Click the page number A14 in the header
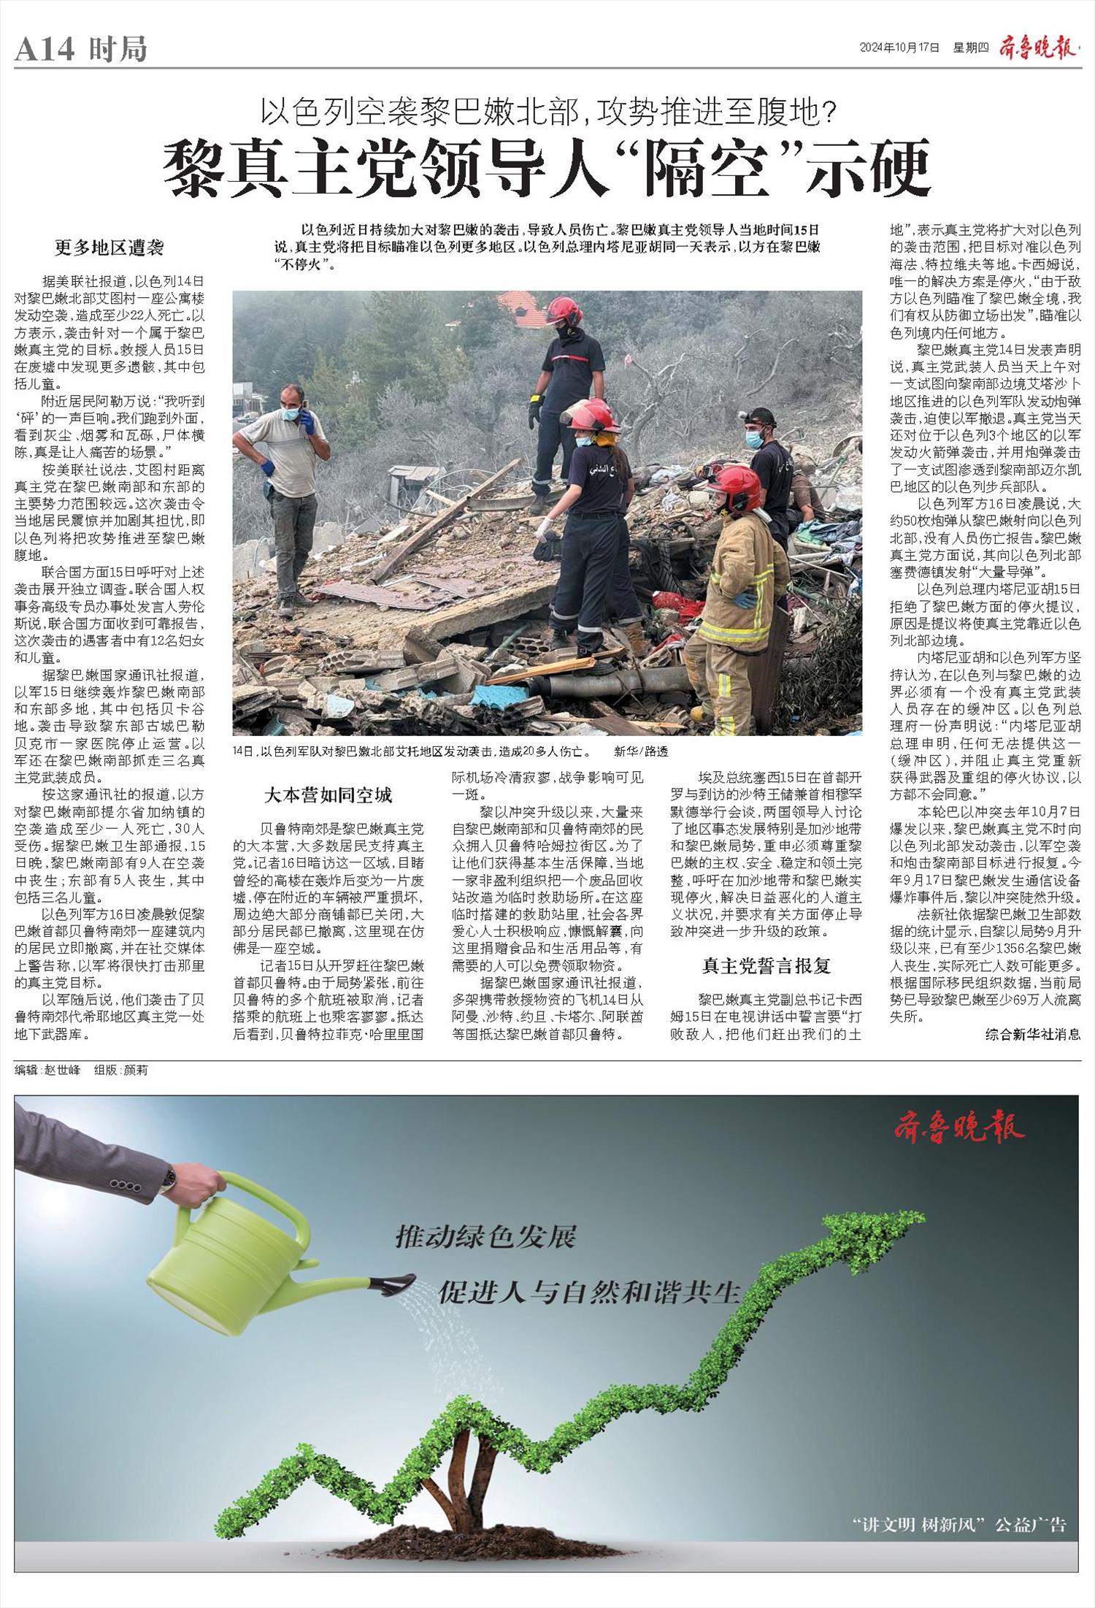point(45,50)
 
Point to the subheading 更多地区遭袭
point(109,248)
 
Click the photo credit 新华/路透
point(640,751)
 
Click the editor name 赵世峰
point(61,1071)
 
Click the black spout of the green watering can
point(395,1283)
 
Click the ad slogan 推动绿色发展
point(485,1236)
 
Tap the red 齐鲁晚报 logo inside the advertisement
point(959,1129)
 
